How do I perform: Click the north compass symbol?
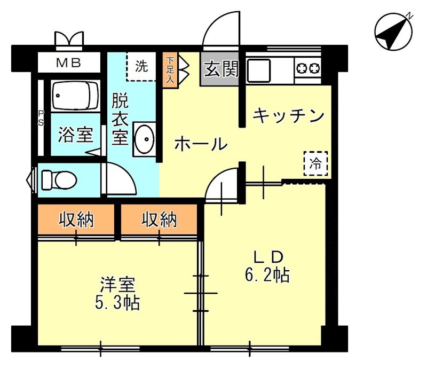394,33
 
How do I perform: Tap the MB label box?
69,63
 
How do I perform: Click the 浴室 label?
76,135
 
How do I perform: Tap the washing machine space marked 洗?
142,67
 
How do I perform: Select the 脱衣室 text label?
120,119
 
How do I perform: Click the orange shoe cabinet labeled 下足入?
170,68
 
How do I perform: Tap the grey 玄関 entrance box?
221,69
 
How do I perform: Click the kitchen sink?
259,69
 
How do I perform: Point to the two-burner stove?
308,68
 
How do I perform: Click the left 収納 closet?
76,219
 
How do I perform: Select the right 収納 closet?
159,219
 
